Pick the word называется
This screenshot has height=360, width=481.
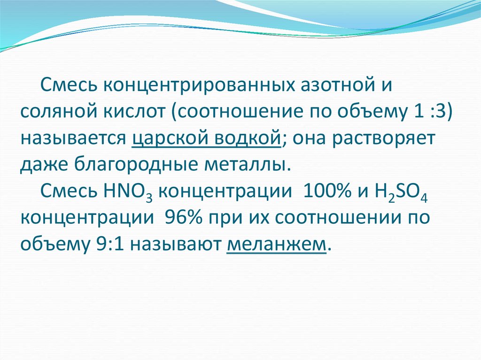[72, 139]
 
